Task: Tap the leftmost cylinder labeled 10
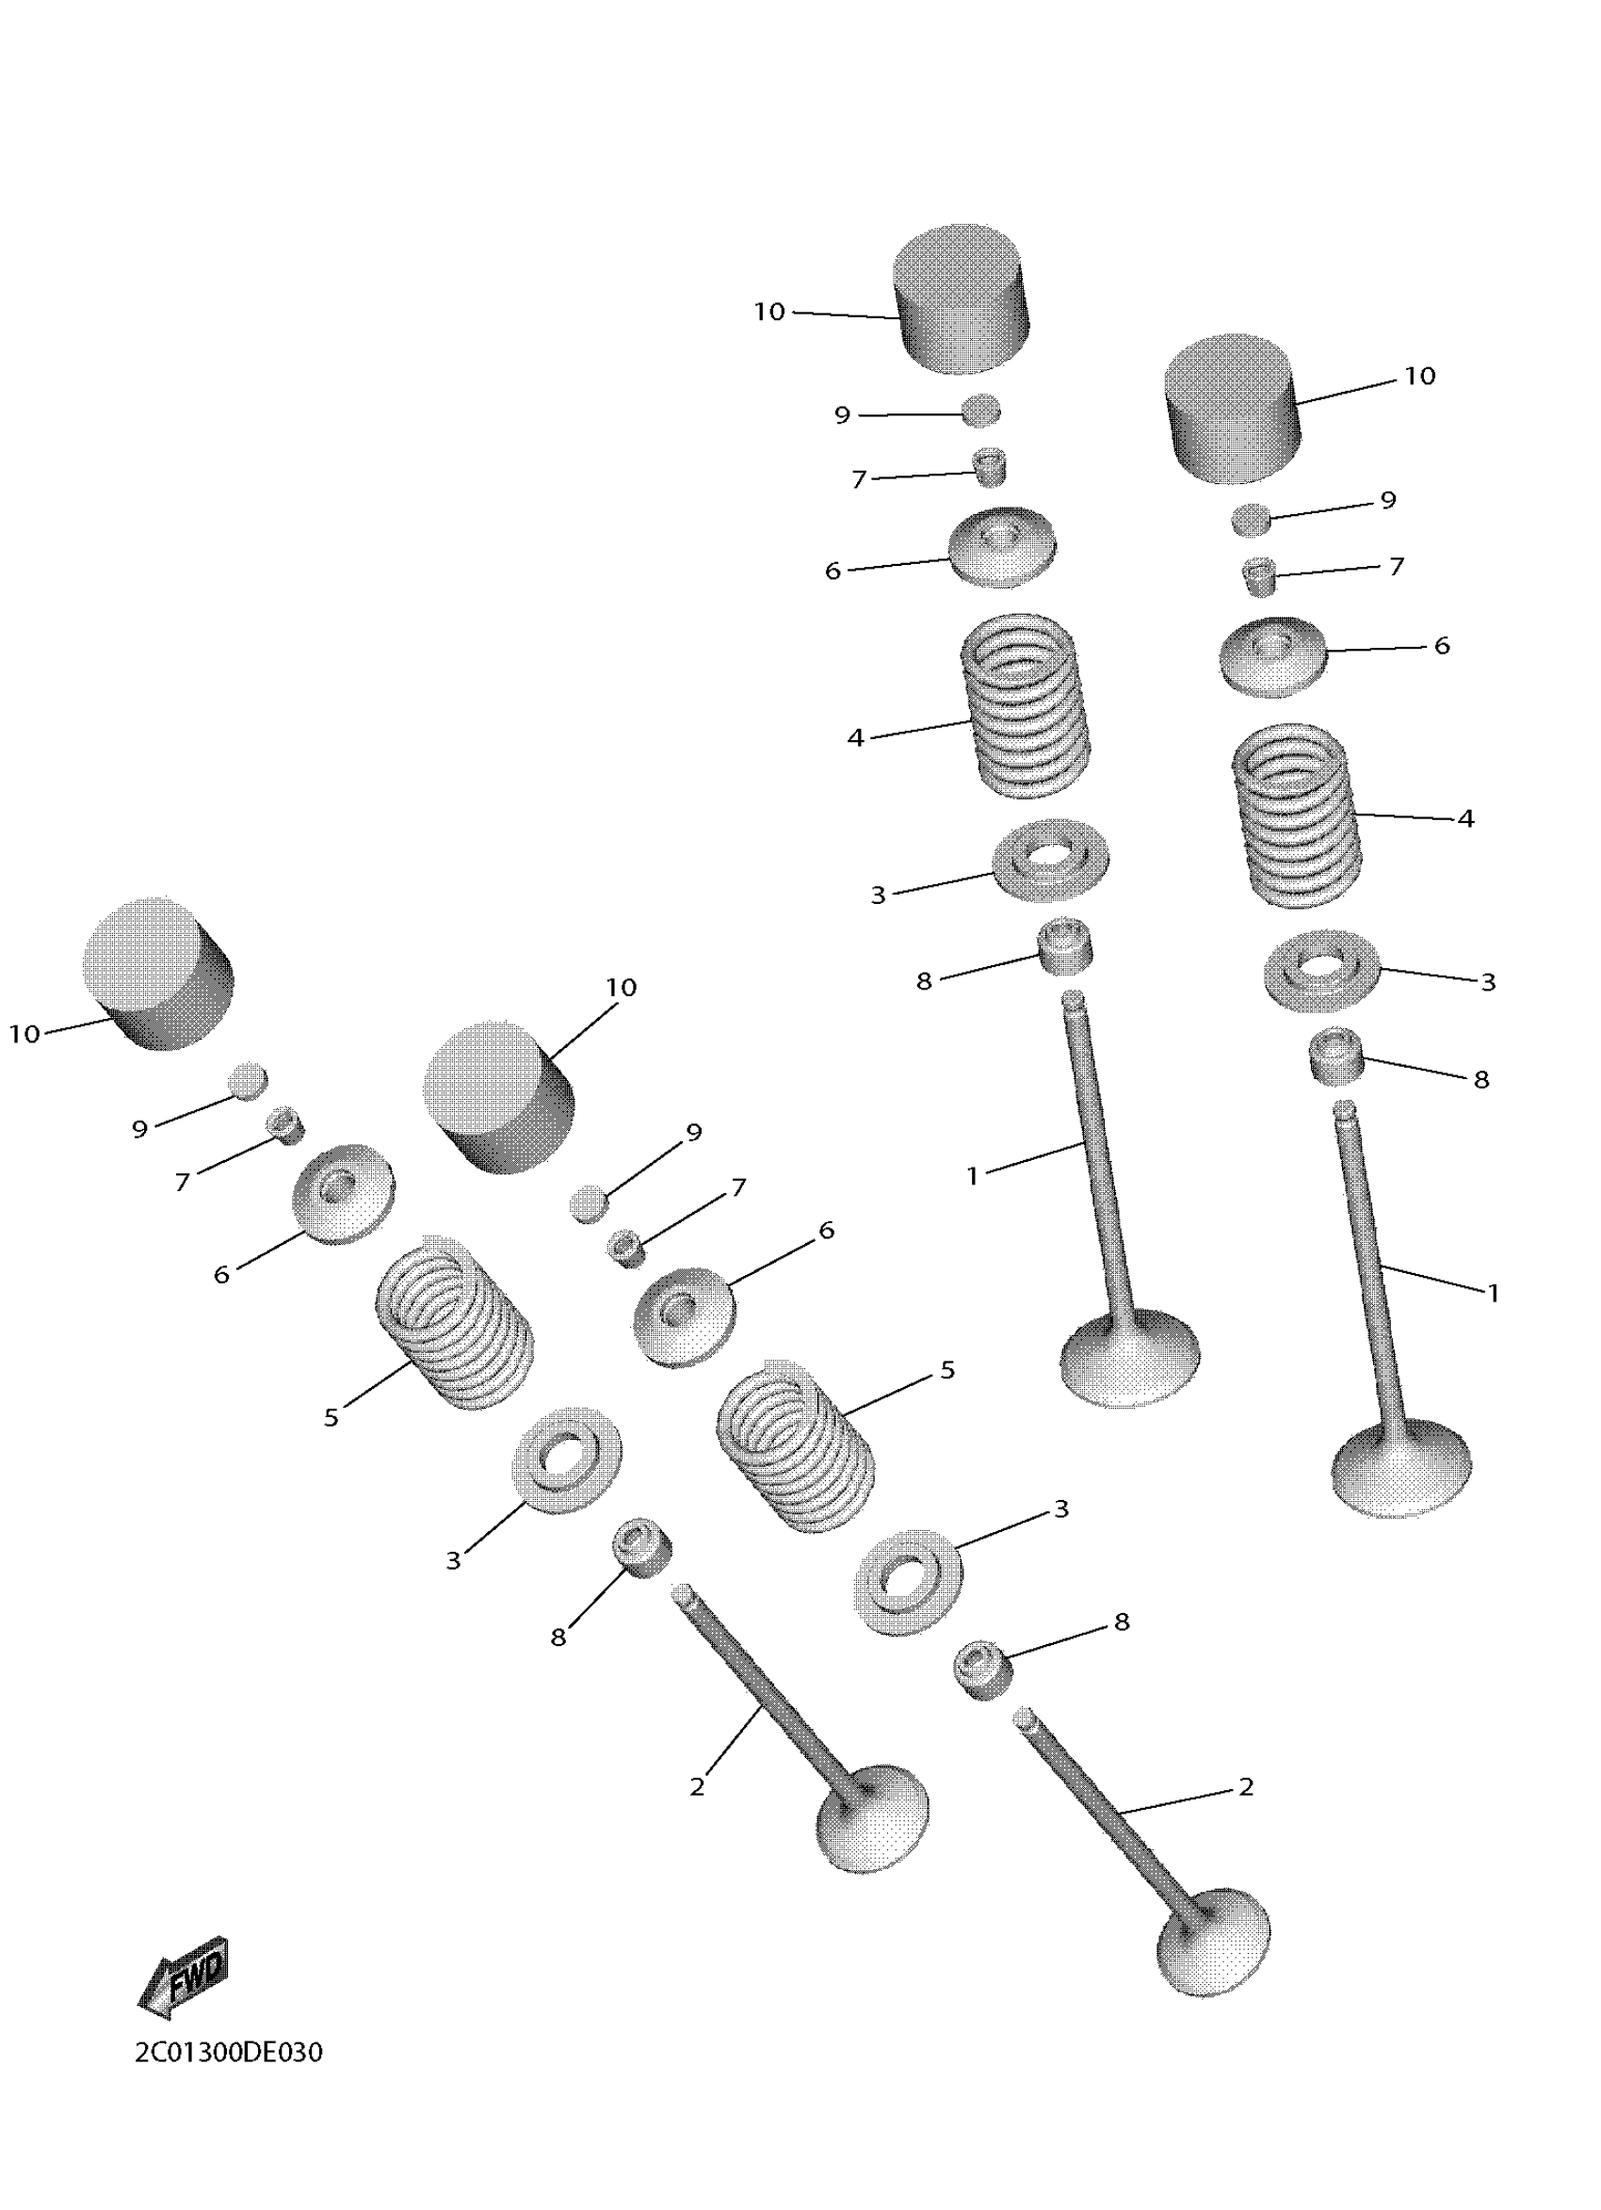click(x=158, y=974)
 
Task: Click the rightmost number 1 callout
click(x=1492, y=1293)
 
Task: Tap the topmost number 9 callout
click(x=842, y=415)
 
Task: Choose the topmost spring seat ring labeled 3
click(x=1050, y=861)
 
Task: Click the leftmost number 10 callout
click(x=24, y=1034)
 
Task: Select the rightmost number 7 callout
click(x=1397, y=566)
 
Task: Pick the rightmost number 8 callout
click(x=1481, y=1080)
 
